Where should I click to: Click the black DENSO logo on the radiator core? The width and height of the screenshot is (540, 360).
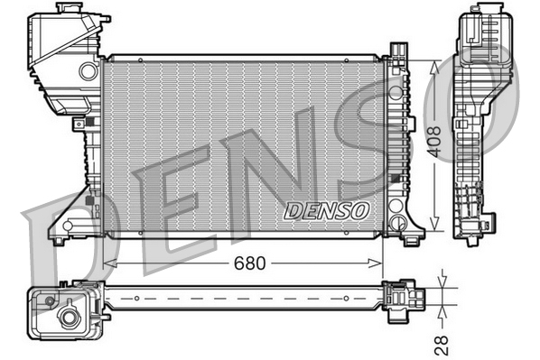tap(327, 210)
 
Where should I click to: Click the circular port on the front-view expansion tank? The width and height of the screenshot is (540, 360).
tap(88, 70)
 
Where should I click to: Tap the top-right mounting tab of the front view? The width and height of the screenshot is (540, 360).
tap(397, 51)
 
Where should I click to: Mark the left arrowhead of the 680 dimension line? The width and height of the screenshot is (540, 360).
tap(109, 263)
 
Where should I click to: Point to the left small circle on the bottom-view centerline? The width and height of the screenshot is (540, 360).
tap(135, 297)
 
